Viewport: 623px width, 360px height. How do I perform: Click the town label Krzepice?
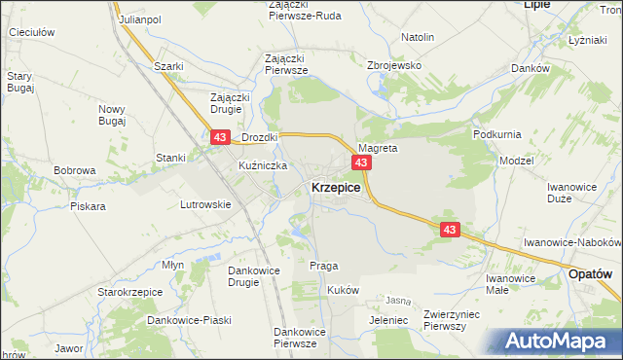336,188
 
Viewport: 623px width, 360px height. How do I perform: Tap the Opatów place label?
591,275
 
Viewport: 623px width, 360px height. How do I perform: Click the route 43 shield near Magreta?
361,162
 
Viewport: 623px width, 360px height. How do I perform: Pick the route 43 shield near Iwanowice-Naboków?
449,230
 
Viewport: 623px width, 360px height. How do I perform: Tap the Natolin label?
417,37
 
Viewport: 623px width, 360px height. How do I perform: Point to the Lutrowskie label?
204,204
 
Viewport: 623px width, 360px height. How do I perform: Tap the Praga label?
323,266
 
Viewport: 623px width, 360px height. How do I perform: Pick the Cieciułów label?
31,32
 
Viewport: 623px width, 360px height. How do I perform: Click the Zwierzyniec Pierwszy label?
458,320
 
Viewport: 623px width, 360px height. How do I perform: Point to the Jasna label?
397,301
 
